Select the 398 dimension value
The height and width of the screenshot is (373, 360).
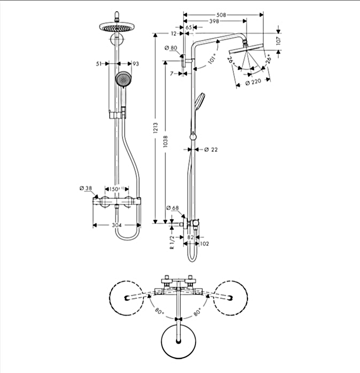pos(214,21)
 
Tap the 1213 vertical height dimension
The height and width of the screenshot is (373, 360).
pos(156,128)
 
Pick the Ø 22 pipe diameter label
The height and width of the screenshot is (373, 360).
pos(211,150)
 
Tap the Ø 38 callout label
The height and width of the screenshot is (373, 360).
pos(85,189)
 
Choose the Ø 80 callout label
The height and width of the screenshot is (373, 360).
pos(171,48)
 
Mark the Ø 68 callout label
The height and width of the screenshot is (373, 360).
pos(172,208)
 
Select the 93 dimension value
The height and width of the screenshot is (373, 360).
pos(135,63)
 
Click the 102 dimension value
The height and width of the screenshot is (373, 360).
pos(204,244)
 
